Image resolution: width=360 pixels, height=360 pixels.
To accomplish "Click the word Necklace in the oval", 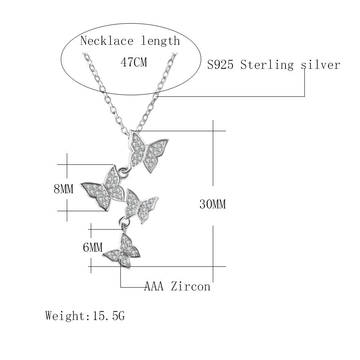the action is tap(107, 41).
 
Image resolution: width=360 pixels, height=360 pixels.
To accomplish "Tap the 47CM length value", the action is tap(134, 62).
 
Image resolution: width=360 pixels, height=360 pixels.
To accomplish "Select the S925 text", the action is tap(220, 65).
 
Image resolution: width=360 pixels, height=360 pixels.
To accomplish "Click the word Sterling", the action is tap(267, 65).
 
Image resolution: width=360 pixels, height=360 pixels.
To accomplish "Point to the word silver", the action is tap(320, 65).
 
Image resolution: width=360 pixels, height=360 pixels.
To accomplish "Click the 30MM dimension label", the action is tap(213, 204).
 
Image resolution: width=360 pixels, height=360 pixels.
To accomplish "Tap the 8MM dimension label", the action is tap(64, 189).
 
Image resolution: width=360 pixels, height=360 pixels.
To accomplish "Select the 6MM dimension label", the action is tap(93, 247).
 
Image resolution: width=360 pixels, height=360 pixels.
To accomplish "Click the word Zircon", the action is tap(190, 286).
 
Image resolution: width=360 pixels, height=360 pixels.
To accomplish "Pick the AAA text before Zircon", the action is tap(154, 286).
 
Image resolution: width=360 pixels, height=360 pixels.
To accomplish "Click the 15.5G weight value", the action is tap(108, 316).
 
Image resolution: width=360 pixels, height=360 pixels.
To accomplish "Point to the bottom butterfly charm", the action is tap(122, 250).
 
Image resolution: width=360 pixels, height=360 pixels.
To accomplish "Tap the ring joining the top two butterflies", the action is tap(124, 172).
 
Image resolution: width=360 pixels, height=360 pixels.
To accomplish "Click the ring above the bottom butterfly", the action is tap(124, 222).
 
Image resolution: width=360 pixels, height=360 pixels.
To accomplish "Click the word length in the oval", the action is tap(160, 41).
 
